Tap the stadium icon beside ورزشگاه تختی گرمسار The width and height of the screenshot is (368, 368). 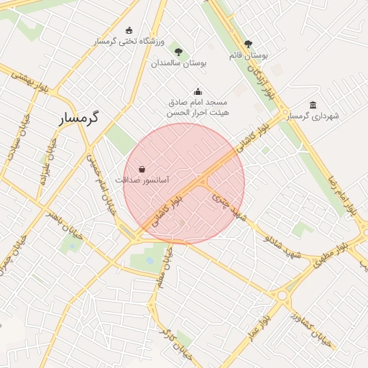pos(129,30)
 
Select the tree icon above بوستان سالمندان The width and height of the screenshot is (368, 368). pos(178,52)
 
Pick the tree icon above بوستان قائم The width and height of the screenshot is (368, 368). pos(249,44)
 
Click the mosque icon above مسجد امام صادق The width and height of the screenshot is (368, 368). pos(198,92)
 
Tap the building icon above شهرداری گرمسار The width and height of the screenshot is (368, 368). pos(313,105)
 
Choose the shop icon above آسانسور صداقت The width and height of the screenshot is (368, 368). pos(142,169)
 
